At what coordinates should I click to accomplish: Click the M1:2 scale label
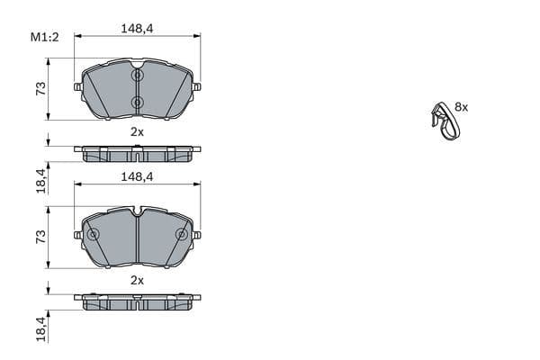44,37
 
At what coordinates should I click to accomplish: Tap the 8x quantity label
461,106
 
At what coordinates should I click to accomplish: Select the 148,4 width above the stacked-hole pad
137,29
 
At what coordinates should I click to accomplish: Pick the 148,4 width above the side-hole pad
137,177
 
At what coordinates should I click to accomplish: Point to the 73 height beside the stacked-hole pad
40,89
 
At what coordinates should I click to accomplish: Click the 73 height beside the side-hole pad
40,237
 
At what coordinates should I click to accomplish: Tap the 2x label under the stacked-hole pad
137,131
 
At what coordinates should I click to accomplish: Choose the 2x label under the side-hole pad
137,280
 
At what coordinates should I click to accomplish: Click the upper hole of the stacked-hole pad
137,76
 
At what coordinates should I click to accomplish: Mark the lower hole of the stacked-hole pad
137,103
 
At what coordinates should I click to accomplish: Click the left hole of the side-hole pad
93,235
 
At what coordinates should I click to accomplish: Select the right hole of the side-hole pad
182,235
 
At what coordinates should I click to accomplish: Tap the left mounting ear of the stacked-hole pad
78,87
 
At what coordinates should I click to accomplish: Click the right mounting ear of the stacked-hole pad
196,87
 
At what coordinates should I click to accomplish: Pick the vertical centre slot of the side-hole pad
137,241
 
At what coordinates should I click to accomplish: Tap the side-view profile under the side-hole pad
137,301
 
